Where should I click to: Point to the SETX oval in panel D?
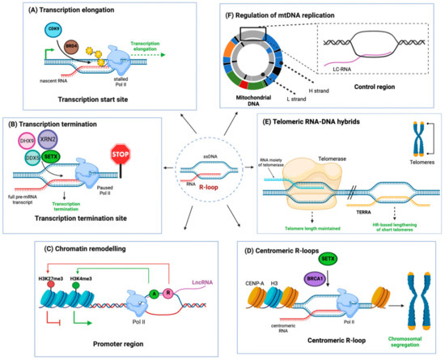(x=328, y=258)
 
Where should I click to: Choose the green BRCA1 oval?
(x=325, y=276)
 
